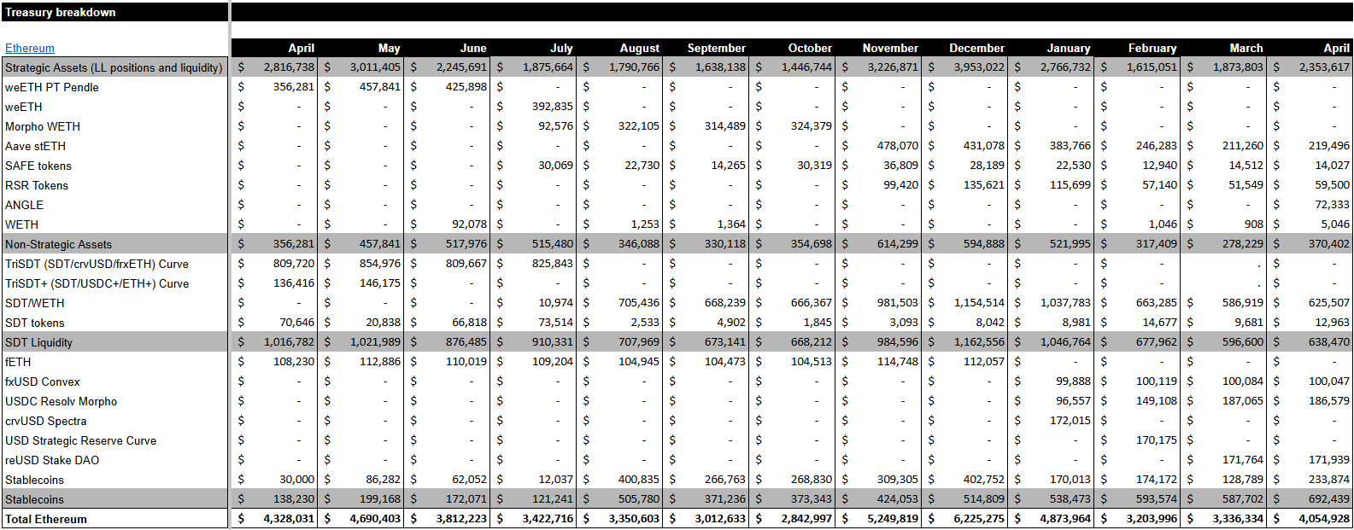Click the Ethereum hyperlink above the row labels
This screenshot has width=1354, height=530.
point(30,49)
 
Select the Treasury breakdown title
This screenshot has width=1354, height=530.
point(60,12)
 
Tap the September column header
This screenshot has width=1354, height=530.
point(716,49)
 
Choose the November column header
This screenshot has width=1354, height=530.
point(890,49)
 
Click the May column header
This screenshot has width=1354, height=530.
point(389,49)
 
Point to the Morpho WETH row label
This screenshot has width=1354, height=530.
point(43,127)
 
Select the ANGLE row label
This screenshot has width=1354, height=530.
point(24,205)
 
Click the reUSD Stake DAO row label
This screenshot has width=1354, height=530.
point(52,460)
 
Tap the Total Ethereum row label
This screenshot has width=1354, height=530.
point(46,519)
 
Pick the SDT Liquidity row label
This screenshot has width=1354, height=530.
point(38,342)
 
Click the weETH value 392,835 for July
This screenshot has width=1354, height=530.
point(552,107)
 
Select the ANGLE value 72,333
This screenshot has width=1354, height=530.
point(1332,205)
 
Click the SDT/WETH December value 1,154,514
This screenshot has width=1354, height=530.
point(979,303)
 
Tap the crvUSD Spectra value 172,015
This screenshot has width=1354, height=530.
point(1070,421)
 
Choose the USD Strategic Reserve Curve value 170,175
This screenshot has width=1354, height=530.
point(1157,440)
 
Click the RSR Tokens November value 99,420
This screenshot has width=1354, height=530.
point(900,185)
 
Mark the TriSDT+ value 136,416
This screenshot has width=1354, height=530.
point(293,283)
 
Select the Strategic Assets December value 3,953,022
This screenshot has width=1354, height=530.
point(979,67)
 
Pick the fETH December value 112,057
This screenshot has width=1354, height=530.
point(983,362)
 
